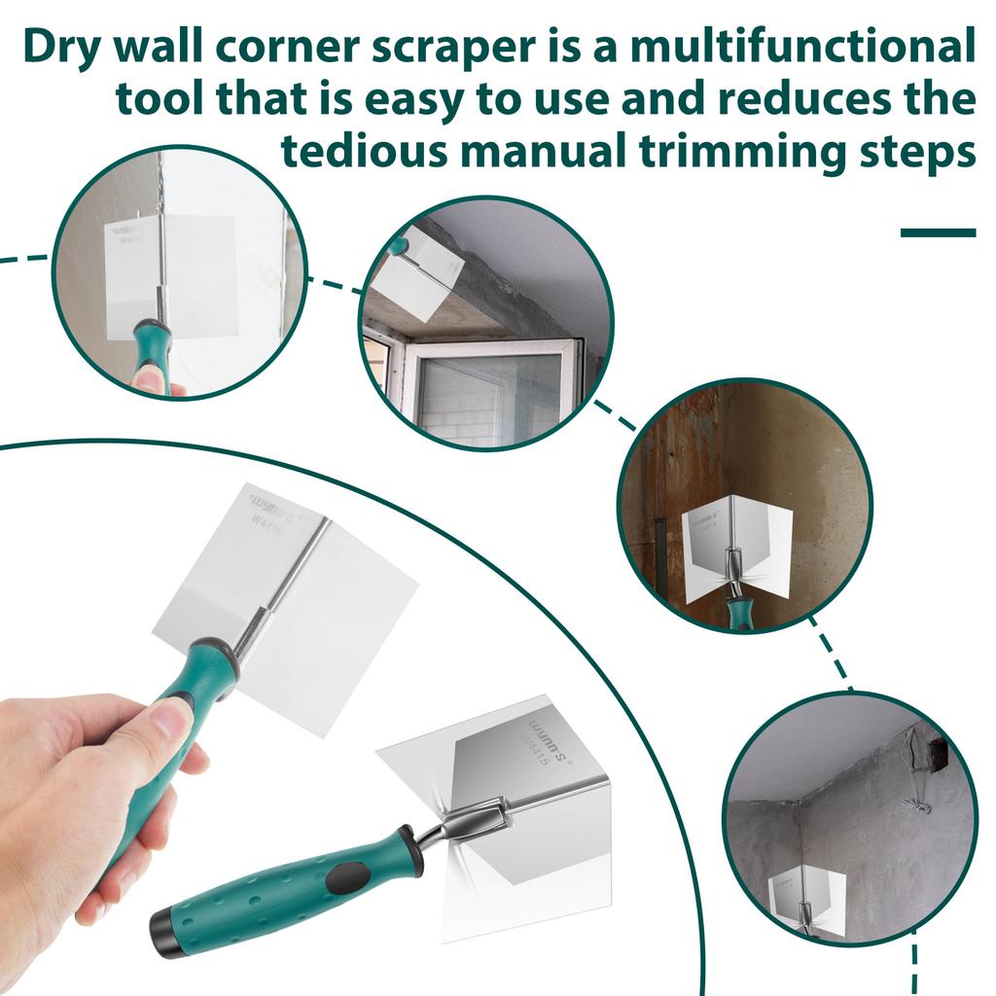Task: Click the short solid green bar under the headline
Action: [938, 232]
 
